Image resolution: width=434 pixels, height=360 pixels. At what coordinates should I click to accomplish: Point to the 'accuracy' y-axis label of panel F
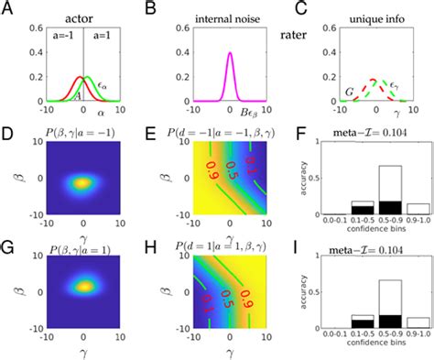tap(298, 183)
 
